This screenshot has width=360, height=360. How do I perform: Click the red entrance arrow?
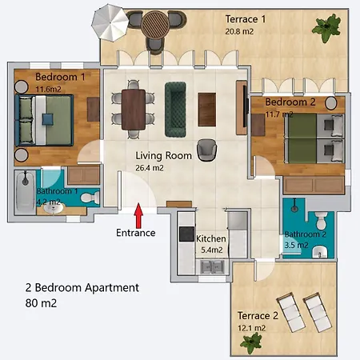click(138, 216)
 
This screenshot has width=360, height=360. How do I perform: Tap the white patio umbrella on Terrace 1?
click(110, 23)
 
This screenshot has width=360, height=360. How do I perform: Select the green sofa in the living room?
click(175, 110)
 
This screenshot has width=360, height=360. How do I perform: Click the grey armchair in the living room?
click(206, 150)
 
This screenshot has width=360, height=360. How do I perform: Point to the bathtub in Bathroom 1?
click(26, 192)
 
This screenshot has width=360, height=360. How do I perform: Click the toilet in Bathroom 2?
click(321, 220)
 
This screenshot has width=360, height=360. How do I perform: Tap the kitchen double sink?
click(212, 266)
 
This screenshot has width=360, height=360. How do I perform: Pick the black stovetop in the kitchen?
click(186, 234)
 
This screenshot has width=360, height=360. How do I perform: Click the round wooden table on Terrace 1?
click(155, 25)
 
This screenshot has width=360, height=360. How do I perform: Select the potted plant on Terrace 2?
click(250, 343)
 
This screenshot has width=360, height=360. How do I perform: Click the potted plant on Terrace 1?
click(326, 28)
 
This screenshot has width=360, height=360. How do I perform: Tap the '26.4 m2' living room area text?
click(150, 168)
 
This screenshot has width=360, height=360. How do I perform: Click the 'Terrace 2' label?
click(258, 316)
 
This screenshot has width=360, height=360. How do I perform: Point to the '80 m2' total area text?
click(41, 303)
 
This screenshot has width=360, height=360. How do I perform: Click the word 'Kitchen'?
click(211, 238)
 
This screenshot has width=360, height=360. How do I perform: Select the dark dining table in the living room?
click(134, 110)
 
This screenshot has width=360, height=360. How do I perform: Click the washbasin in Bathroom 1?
click(54, 208)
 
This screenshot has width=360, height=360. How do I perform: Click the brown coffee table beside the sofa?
click(207, 110)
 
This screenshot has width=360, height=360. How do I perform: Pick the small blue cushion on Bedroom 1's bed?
click(48, 119)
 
